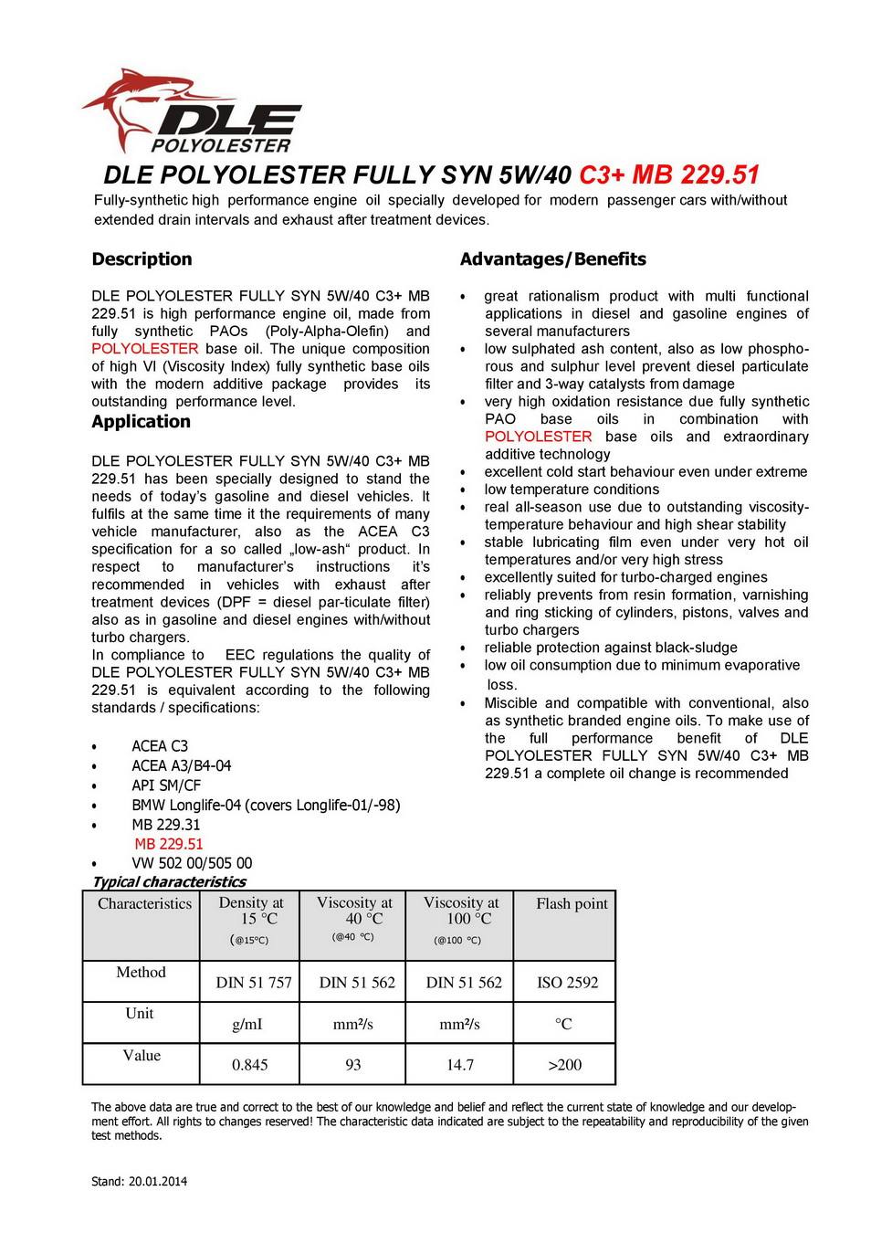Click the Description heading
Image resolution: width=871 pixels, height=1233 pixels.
(x=142, y=259)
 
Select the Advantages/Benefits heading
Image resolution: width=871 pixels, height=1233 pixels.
(x=552, y=259)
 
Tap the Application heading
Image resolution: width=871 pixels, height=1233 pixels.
(x=141, y=422)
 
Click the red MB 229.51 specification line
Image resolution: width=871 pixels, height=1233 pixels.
(x=169, y=844)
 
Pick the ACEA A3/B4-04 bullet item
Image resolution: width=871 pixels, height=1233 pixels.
(x=182, y=765)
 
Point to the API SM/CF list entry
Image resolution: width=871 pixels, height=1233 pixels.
(x=166, y=785)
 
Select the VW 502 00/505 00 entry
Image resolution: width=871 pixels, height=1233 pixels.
(x=192, y=863)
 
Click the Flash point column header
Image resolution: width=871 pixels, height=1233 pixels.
(x=572, y=904)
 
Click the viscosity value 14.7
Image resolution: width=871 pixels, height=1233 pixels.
(x=459, y=1065)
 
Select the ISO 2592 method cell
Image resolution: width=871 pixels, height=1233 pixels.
(x=567, y=983)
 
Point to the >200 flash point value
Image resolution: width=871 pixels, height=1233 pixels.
(x=564, y=1065)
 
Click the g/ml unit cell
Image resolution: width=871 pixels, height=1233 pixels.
(x=247, y=1025)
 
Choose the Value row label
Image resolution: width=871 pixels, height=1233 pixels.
(x=142, y=1056)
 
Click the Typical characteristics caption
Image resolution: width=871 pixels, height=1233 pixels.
(x=169, y=882)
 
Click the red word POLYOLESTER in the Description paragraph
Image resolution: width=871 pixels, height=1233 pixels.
(x=144, y=349)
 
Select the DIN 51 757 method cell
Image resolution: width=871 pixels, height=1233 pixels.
(x=254, y=983)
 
